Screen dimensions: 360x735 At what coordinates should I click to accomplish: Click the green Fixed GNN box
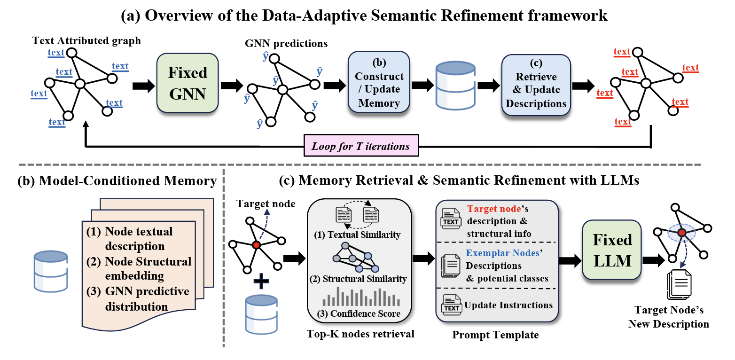tap(188, 83)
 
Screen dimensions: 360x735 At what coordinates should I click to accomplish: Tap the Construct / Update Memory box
tap(379, 83)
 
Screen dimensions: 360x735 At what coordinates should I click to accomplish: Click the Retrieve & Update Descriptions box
tap(536, 83)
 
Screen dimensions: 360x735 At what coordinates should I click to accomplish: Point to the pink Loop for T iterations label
tap(360, 146)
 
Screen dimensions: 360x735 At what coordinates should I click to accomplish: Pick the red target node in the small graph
tap(256, 245)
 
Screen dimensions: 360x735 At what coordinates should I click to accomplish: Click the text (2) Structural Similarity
tap(359, 279)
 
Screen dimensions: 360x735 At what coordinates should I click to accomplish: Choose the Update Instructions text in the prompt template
tap(508, 305)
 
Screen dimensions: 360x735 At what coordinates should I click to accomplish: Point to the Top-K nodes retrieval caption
tap(360, 334)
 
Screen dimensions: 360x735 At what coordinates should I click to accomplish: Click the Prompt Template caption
tap(495, 335)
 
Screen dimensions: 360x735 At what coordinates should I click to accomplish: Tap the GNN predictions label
tap(286, 44)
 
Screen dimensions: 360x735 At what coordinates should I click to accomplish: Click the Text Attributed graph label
tap(86, 40)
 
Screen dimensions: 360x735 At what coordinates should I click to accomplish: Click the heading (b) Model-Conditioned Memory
tap(110, 180)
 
